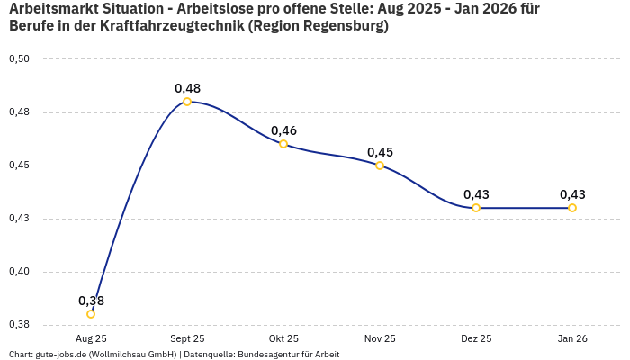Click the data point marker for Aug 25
(91, 314)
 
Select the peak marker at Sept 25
(187, 102)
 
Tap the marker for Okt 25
(283, 144)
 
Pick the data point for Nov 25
(380, 166)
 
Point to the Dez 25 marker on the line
(476, 208)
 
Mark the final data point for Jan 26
(572, 208)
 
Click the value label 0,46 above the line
(283, 130)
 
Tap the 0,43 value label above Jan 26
(572, 194)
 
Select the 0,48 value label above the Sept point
(187, 88)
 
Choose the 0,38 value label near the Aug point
(91, 301)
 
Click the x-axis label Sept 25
(187, 338)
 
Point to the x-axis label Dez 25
(476, 338)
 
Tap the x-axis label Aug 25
(91, 338)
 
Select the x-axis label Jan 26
(572, 338)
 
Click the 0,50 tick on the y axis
(19, 59)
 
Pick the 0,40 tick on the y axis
(19, 272)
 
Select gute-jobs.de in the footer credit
(60, 355)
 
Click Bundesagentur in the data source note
(270, 355)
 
